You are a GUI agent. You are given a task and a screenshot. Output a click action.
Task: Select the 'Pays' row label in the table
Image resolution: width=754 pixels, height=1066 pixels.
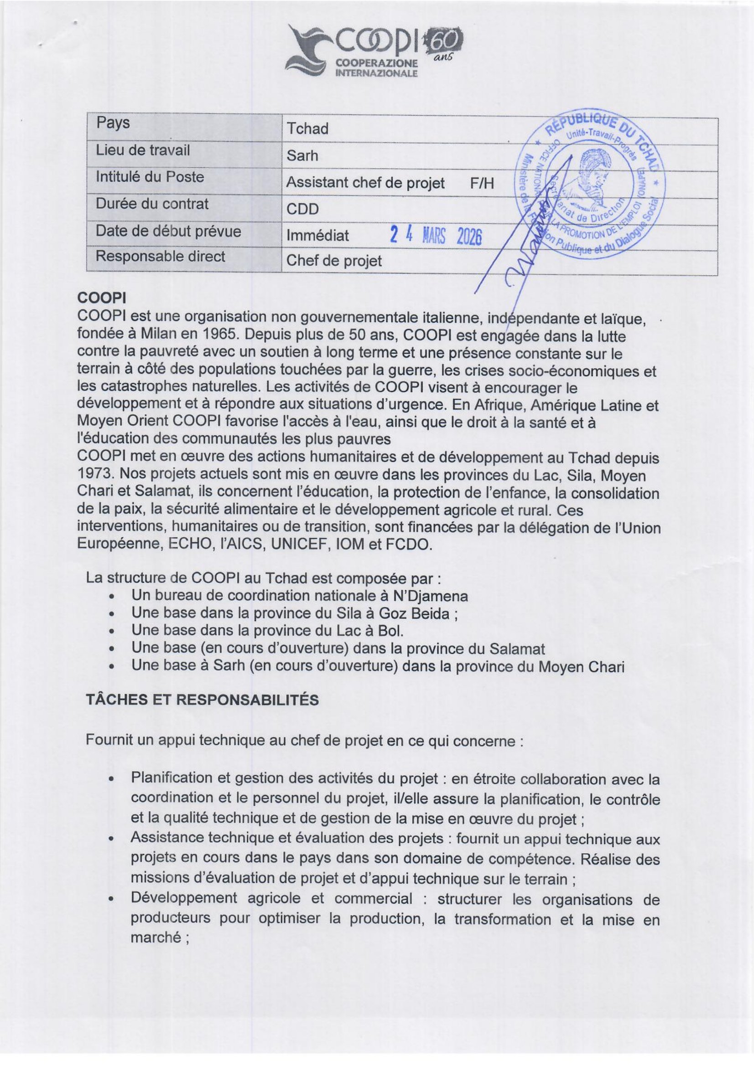click(x=113, y=123)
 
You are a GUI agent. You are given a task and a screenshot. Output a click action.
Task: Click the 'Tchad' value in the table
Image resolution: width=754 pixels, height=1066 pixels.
click(x=307, y=129)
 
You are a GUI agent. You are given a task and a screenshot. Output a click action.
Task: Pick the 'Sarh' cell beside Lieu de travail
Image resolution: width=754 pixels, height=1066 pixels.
click(x=302, y=155)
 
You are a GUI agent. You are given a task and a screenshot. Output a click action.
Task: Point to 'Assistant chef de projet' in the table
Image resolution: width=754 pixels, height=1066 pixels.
click(x=365, y=183)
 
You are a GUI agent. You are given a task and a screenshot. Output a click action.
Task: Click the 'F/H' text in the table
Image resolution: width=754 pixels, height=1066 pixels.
click(x=481, y=183)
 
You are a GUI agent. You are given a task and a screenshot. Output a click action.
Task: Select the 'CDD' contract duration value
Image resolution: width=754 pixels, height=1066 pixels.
click(x=302, y=209)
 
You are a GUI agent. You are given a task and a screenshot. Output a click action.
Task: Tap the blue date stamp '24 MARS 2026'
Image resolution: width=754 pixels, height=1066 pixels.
click(x=435, y=236)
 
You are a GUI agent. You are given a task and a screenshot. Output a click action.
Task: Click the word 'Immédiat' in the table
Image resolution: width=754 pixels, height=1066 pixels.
click(x=317, y=236)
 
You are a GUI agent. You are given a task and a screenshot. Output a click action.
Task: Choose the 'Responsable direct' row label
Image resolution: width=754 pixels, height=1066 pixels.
click(x=160, y=257)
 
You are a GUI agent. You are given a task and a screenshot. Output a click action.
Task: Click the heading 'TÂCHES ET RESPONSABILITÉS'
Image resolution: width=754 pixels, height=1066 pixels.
click(x=202, y=700)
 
